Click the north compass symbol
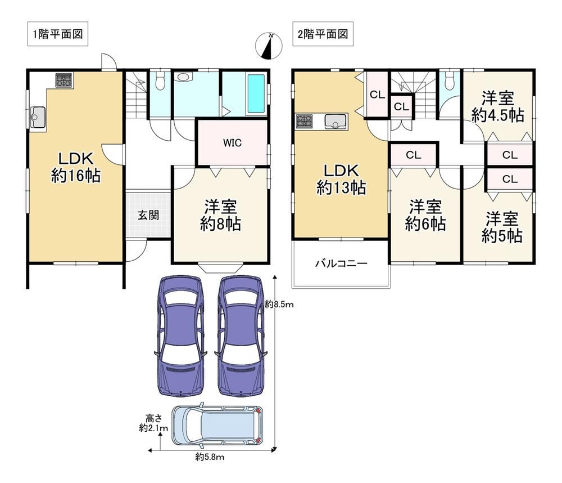pos(269,46)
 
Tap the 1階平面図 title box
pos(58,34)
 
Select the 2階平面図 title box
pos(323,34)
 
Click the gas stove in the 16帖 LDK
pos(64,80)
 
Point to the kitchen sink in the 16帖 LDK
pos(38,117)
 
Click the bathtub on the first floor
pos(256,93)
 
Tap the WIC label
pos(232,142)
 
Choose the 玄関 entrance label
pos(148,215)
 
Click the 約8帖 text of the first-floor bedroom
pos(220,225)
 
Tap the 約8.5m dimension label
pos(279,305)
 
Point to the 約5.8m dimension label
pos(210,457)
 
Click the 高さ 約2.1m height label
pos(153,423)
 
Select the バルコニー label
pos(341,263)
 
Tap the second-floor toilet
pos(450,82)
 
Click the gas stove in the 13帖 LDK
pos(304,121)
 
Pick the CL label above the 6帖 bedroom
pos(413,155)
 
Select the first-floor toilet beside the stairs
pos(160,81)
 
